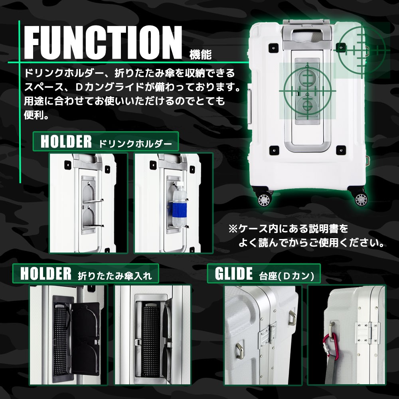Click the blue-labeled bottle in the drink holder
click(179, 204)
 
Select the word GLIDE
click(234, 274)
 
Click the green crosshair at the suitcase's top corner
click(361, 49)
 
